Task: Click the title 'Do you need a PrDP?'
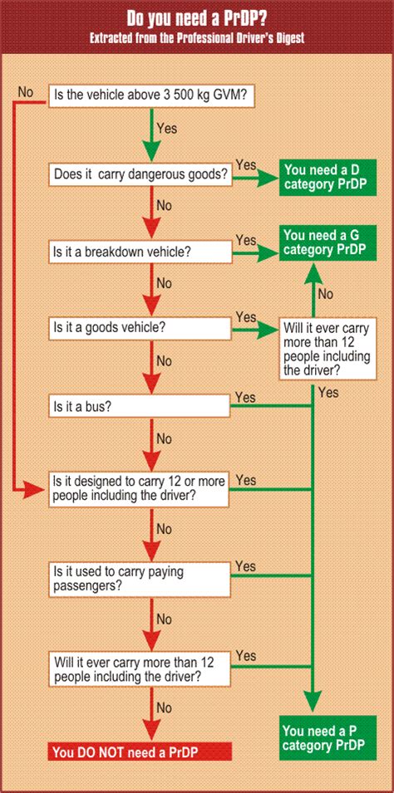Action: click(196, 18)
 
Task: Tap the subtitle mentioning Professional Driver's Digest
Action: click(196, 39)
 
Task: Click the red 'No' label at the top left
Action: click(25, 91)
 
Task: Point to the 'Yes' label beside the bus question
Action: click(245, 398)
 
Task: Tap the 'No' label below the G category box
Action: click(326, 293)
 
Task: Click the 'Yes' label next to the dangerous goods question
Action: click(246, 165)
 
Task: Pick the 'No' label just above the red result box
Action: click(164, 708)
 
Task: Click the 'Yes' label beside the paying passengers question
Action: click(245, 566)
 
